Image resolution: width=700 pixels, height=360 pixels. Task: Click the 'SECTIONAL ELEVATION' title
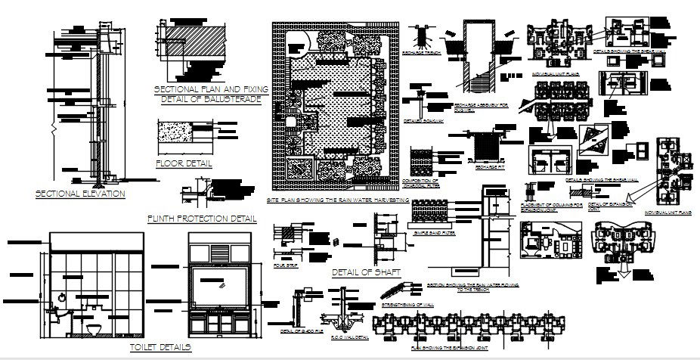(80, 194)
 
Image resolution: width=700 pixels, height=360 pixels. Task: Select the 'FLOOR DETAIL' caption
(183, 163)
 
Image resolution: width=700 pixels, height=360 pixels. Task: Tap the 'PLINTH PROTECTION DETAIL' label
(202, 219)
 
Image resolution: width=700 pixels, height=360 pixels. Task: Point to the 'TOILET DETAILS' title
(160, 346)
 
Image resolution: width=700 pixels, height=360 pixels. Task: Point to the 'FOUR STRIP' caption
(286, 265)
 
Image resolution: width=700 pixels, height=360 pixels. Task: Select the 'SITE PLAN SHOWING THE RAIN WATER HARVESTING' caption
(337, 200)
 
